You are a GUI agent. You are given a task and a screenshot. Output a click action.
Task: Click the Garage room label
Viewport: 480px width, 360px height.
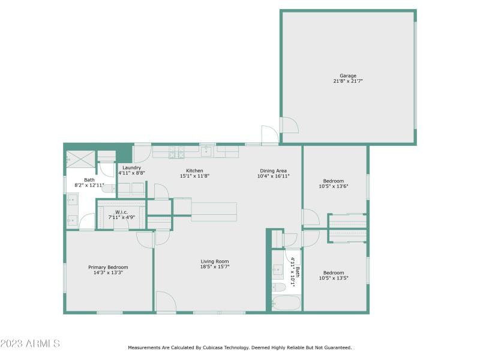point(348,76)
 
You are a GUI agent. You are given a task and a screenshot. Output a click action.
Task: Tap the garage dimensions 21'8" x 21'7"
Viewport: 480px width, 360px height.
point(348,81)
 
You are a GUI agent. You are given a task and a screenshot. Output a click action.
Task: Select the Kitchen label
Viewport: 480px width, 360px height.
point(194,170)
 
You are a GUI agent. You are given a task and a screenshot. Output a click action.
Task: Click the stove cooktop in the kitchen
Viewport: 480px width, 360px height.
point(176,154)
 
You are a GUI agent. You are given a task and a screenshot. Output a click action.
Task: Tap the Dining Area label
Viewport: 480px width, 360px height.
point(273,170)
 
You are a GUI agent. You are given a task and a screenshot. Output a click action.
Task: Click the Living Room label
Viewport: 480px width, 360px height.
point(214,261)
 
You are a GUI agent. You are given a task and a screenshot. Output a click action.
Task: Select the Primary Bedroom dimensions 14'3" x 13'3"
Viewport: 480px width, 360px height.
point(108,272)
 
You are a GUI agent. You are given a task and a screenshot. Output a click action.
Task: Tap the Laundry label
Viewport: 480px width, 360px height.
point(131,167)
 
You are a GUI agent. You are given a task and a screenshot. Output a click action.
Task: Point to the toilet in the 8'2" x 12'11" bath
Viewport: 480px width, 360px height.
point(108,188)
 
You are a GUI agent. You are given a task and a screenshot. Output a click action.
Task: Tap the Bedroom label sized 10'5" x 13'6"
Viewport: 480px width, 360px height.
point(334,181)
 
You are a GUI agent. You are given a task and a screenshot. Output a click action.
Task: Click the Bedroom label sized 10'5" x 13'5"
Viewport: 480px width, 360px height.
point(334,272)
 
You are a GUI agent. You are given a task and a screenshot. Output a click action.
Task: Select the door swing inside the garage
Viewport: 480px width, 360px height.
point(290,124)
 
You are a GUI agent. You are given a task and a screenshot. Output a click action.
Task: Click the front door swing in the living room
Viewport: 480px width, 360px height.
point(165,301)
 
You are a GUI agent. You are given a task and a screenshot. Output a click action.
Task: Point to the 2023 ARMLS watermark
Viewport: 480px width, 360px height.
point(30,344)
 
